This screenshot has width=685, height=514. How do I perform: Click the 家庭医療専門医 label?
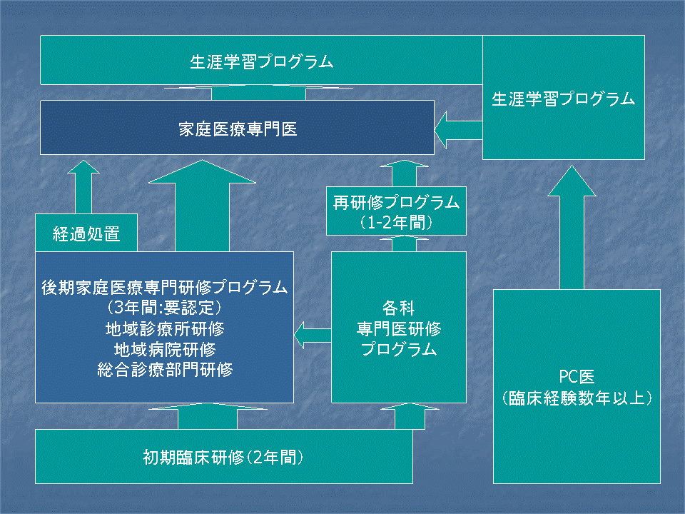tap(237, 128)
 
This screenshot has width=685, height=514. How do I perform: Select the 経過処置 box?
tap(86, 234)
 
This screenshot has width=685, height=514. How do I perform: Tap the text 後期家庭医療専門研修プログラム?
tap(165, 288)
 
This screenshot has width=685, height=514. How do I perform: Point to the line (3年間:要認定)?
tap(165, 309)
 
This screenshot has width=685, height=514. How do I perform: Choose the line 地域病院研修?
tap(165, 350)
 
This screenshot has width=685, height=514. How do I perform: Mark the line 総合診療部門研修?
tap(165, 370)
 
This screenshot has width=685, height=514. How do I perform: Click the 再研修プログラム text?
tap(396, 203)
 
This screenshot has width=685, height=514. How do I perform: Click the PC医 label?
tap(577, 376)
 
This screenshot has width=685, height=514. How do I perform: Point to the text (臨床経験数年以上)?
tap(577, 398)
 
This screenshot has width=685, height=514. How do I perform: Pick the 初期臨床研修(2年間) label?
tap(223, 457)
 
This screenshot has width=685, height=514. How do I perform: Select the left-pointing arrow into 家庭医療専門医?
tap(458, 129)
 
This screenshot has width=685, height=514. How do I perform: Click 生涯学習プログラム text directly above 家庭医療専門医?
tap(261, 61)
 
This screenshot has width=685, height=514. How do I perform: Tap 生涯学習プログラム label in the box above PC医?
tap(563, 99)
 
